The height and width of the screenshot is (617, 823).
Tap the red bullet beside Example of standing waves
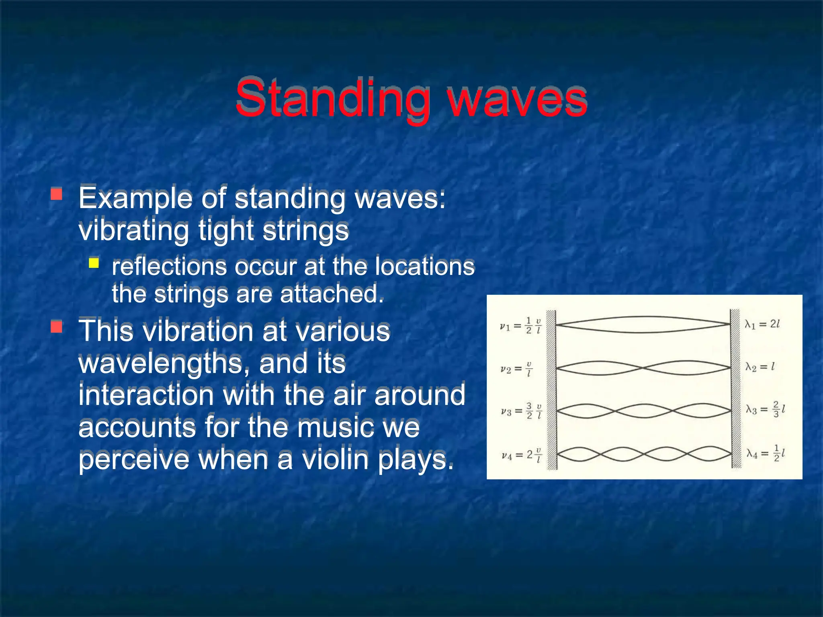click(57, 194)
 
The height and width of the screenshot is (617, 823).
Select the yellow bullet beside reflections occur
click(94, 263)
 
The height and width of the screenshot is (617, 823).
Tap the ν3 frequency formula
click(521, 411)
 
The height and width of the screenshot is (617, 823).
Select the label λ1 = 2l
click(762, 324)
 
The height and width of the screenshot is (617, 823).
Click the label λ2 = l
click(760, 366)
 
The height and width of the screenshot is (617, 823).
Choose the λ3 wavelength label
click(765, 409)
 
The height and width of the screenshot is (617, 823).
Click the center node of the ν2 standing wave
click(643, 368)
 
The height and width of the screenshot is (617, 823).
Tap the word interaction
click(146, 395)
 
